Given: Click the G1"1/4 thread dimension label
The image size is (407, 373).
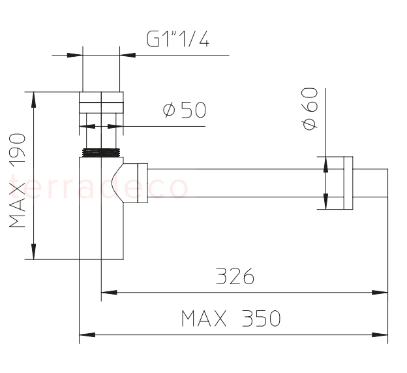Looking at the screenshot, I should point(177,41).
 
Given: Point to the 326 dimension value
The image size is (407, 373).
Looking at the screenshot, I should point(235,277).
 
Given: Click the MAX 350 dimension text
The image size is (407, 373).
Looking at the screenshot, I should point(231,319).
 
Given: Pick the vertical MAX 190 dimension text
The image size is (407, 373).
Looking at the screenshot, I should point(18,180).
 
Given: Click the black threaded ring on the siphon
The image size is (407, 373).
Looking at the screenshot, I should point(101,153).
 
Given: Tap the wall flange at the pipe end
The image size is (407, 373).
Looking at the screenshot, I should point(344,182).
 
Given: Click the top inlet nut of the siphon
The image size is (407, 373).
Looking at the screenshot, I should point(101,103).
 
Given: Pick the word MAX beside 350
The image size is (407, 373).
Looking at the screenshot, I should point(203,319).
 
